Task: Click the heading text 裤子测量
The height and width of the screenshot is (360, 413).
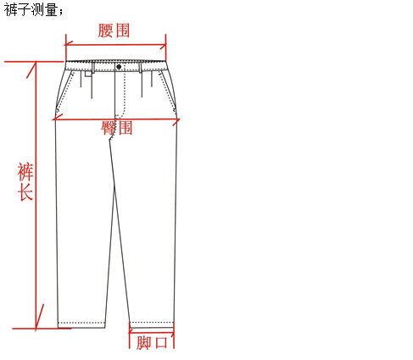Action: [x=31, y=10]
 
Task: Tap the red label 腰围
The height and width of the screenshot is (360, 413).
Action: [x=114, y=30]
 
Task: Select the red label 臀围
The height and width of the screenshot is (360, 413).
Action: [x=116, y=128]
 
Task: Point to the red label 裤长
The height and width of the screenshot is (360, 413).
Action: [x=25, y=181]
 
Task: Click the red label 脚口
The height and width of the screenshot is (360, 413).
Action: [x=152, y=343]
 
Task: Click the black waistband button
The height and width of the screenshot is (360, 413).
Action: [x=119, y=67]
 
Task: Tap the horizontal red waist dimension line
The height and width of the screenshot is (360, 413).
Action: [x=115, y=45]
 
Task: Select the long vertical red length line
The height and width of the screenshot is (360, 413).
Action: [x=36, y=195]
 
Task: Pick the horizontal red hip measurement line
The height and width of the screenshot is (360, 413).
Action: [x=116, y=119]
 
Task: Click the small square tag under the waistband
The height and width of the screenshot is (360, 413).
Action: [x=89, y=74]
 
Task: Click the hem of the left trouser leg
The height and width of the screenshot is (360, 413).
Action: [x=81, y=325]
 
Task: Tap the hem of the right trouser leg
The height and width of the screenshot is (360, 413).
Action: [x=151, y=325]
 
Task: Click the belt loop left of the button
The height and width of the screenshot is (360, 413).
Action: [x=93, y=67]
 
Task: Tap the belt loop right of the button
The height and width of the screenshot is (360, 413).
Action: [x=140, y=68]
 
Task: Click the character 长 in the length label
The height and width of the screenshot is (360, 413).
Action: [x=25, y=192]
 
